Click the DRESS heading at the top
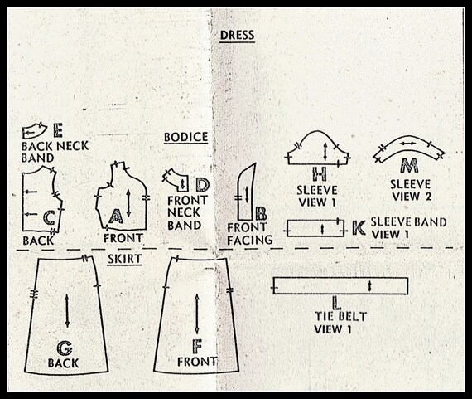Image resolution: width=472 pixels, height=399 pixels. (237, 36)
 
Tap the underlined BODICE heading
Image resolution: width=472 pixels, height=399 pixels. (185, 137)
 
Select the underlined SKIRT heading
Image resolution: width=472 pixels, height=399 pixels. (124, 259)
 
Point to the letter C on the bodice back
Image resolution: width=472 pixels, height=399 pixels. (49, 217)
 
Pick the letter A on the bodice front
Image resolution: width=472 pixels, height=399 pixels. (116, 217)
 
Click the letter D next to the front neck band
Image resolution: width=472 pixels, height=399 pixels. (203, 185)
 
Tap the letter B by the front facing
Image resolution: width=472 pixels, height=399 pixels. (261, 213)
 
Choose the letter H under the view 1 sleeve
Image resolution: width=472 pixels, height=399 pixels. (320, 173)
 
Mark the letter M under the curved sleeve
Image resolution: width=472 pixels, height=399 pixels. (409, 165)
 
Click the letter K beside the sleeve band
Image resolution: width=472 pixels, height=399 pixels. (359, 228)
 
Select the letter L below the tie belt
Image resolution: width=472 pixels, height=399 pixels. (336, 304)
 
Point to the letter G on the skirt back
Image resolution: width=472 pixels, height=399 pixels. (65, 348)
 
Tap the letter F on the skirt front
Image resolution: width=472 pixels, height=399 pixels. (197, 347)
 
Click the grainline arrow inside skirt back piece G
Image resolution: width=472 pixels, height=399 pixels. (67, 311)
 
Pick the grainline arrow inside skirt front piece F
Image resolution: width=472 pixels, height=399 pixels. (197, 314)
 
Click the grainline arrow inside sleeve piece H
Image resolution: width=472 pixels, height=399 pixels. (325, 152)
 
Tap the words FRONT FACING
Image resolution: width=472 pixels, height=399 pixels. (249, 234)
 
